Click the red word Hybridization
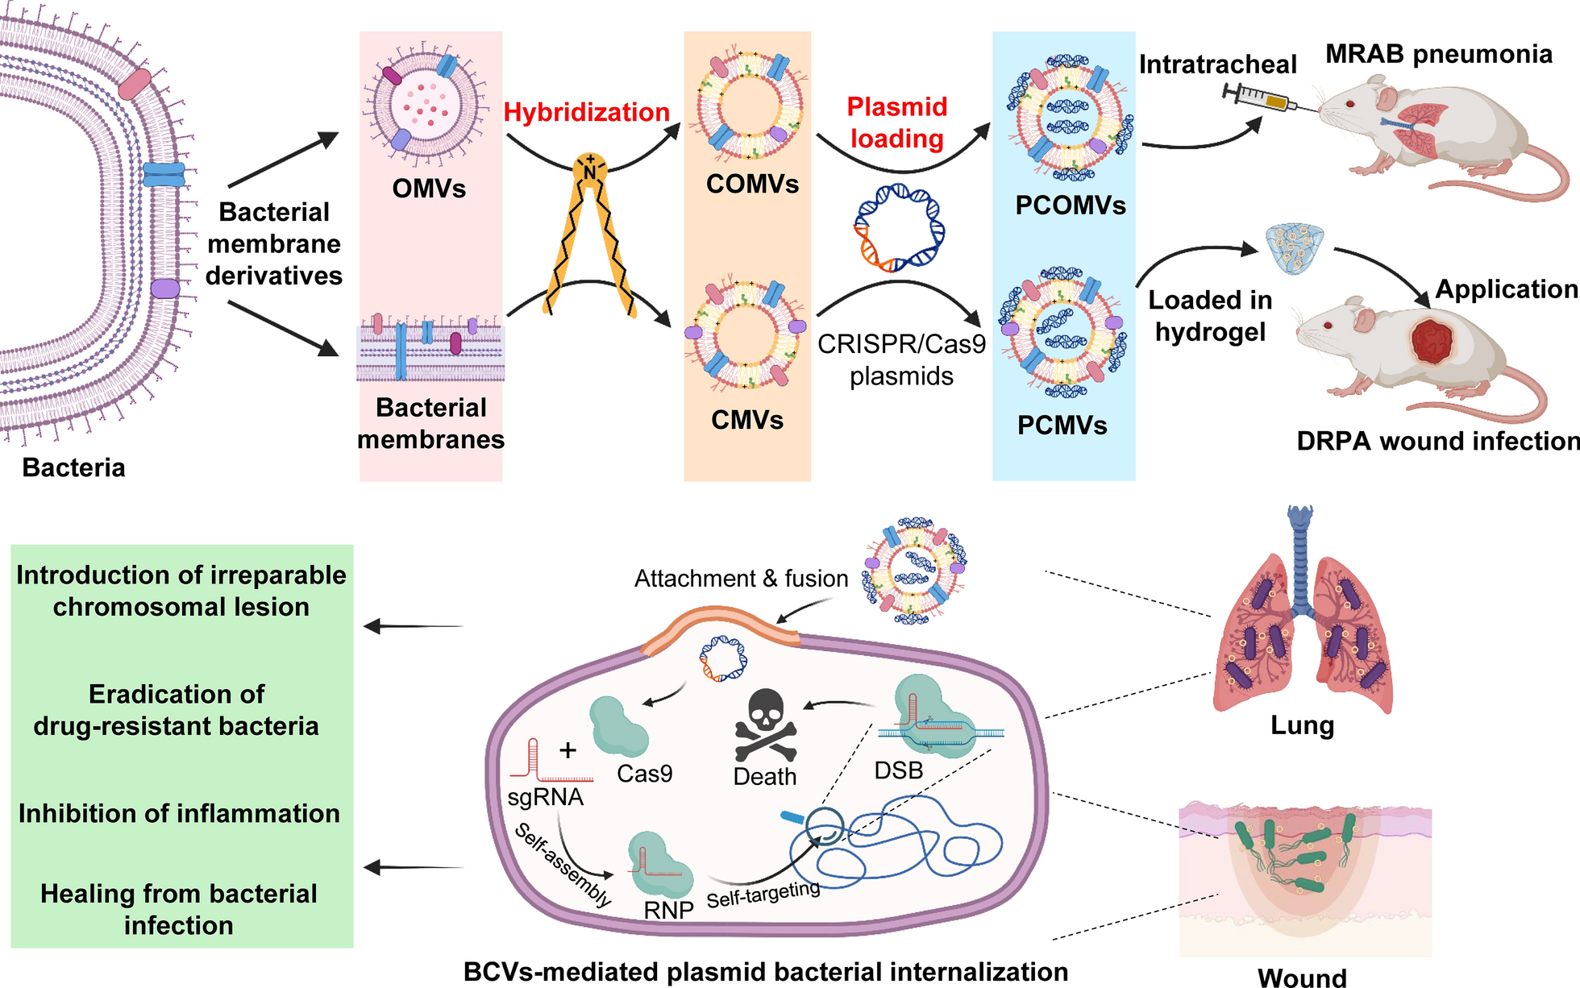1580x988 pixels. click(x=586, y=112)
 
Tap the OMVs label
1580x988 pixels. click(x=429, y=189)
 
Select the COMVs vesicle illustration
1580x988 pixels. click(x=748, y=106)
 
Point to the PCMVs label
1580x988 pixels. click(x=1062, y=425)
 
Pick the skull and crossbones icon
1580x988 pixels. click(x=765, y=725)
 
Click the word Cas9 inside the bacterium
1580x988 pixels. click(x=644, y=774)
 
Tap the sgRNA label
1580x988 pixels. click(x=545, y=797)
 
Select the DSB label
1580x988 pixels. click(x=898, y=770)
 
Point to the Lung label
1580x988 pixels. click(x=1302, y=725)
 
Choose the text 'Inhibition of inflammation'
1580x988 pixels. click(x=179, y=813)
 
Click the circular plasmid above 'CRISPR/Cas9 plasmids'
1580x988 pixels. click(x=899, y=227)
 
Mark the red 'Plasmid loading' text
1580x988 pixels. click(x=896, y=122)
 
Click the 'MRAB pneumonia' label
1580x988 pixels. click(x=1438, y=54)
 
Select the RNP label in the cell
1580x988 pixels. click(x=668, y=910)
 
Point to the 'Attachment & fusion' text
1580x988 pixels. click(x=741, y=579)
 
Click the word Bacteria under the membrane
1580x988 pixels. click(x=73, y=467)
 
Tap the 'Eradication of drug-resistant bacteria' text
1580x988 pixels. click(x=177, y=710)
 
